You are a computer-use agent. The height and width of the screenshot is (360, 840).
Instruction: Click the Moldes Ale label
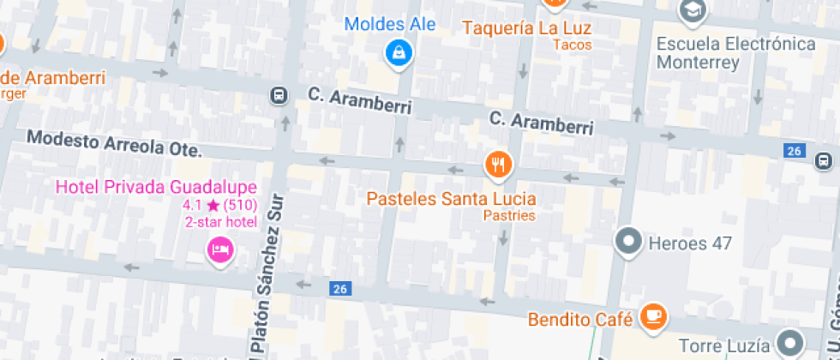(390, 24)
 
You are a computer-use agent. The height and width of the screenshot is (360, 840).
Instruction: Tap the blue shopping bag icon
(399, 54)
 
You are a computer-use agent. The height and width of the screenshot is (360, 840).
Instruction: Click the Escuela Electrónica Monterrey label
(735, 52)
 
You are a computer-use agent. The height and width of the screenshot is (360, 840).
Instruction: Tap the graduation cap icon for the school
(690, 11)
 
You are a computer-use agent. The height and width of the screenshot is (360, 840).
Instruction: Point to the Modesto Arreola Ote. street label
(114, 143)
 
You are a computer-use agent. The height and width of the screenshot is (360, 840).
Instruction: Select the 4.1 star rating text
(219, 206)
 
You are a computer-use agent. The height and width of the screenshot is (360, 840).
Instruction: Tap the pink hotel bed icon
(220, 249)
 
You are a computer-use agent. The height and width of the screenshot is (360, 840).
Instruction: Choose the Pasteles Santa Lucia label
(452, 199)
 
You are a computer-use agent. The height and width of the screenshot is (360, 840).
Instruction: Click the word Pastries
(509, 215)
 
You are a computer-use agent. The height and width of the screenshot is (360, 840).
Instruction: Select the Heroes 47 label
(690, 243)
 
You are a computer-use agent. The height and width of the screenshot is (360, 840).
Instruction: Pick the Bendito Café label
(580, 320)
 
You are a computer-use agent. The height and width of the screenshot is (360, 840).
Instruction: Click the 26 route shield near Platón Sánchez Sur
(339, 289)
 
